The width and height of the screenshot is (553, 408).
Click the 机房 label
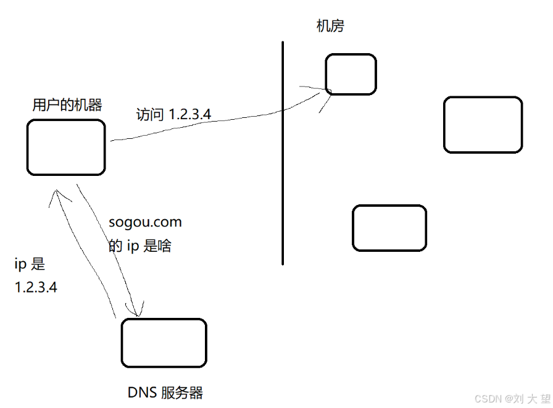(330, 26)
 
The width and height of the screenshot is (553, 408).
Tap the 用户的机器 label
(67, 105)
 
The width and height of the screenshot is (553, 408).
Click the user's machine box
(66, 148)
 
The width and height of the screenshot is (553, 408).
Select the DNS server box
(164, 343)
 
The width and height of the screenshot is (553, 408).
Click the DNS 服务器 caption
(165, 393)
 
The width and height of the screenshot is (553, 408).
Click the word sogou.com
(145, 222)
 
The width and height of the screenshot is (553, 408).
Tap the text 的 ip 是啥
(140, 246)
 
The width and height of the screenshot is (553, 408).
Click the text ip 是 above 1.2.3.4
(30, 265)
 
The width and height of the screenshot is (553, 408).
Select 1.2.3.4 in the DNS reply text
(36, 287)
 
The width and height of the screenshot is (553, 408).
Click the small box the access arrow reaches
(351, 75)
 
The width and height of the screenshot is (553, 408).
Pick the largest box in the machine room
(483, 125)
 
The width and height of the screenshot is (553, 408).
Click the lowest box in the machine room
(389, 228)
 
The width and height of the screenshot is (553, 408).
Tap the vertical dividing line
(283, 154)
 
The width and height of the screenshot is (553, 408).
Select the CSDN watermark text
(512, 399)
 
